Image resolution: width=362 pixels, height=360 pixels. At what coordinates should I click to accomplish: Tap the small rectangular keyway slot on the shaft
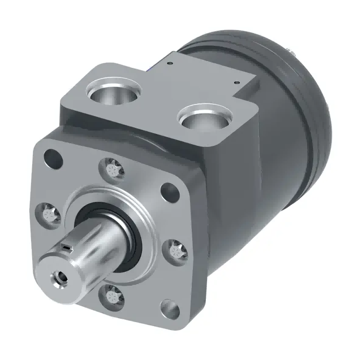click(68, 248)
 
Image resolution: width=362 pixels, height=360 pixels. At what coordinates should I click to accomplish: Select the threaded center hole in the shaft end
click(58, 277)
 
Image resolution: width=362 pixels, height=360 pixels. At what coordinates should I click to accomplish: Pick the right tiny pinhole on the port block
click(236, 84)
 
